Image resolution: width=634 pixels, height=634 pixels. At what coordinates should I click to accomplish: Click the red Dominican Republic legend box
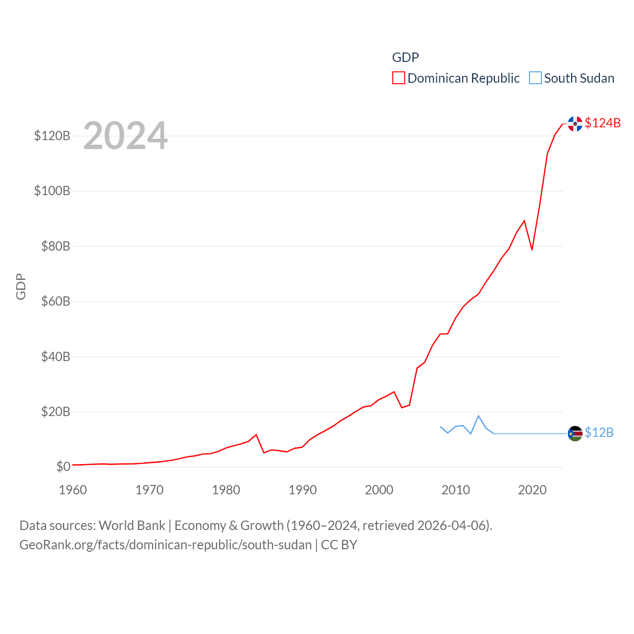(398, 78)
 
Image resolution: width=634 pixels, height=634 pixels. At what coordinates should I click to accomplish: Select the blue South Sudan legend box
(535, 78)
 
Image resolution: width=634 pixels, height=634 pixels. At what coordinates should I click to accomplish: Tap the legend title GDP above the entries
(405, 57)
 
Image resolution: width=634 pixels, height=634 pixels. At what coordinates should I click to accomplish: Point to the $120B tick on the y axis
(52, 136)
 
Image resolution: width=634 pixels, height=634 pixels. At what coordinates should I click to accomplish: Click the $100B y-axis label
(52, 191)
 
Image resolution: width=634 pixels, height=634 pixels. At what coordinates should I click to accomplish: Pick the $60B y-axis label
(55, 301)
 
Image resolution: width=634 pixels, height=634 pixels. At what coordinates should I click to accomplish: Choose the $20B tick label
(55, 412)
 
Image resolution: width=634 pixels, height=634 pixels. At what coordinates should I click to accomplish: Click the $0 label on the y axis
(63, 467)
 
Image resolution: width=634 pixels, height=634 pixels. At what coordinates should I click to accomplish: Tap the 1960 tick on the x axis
(73, 490)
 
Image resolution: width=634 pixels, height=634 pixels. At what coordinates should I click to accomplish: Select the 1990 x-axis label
(302, 490)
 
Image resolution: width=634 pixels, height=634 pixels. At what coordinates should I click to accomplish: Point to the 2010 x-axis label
(455, 490)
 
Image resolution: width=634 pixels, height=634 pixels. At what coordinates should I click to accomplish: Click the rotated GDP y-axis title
(21, 286)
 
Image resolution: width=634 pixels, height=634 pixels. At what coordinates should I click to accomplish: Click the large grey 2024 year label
(125, 136)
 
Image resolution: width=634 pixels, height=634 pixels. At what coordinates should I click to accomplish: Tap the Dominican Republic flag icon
(575, 124)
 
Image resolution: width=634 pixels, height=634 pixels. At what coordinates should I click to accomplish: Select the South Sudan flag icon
(575, 433)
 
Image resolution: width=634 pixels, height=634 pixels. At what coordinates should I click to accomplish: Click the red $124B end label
(602, 123)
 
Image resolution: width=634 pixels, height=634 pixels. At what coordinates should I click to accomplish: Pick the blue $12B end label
(599, 432)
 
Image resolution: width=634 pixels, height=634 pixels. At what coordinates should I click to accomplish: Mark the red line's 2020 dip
(532, 249)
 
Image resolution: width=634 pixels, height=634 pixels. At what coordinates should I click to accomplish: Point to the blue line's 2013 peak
(478, 416)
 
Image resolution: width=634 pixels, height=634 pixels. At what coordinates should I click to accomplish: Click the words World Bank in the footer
(132, 525)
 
